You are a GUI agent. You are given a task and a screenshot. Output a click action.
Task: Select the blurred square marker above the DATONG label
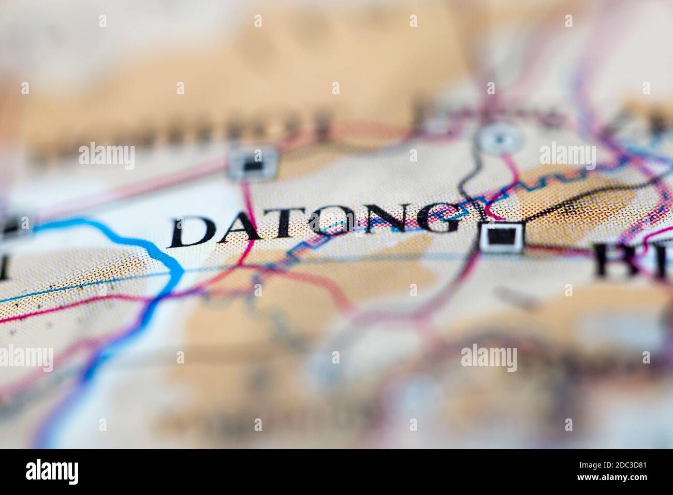point(253,164)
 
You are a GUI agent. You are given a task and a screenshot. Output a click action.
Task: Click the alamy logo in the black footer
point(52,472)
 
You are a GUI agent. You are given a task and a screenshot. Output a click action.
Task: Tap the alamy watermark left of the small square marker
point(107,155)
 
